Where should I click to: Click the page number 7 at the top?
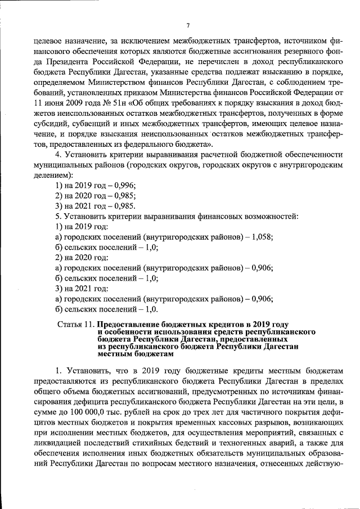(188, 25)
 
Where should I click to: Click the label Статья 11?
(76, 325)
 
